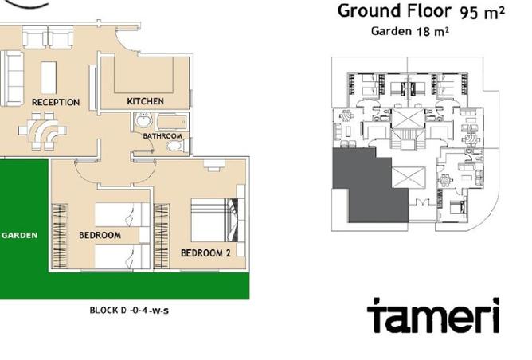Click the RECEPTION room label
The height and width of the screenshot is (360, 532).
[56, 102]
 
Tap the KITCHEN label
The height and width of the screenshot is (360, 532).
[145, 101]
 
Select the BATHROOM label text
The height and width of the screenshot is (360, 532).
[162, 136]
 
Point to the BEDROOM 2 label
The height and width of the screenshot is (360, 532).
[205, 253]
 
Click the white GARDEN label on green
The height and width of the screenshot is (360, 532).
[20, 235]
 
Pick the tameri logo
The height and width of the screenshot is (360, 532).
[433, 315]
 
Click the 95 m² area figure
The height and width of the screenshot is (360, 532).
[482, 13]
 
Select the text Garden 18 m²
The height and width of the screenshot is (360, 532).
[410, 31]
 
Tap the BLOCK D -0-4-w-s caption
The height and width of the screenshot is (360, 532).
[129, 310]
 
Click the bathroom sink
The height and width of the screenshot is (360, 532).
[143, 120]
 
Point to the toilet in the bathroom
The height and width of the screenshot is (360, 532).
[177, 146]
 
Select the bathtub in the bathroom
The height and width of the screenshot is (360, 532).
[171, 122]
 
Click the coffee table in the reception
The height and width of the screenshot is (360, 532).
[49, 77]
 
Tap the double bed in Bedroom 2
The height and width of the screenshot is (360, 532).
[214, 220]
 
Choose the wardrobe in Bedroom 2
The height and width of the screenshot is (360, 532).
[162, 237]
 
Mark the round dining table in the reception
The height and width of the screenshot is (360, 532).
[42, 131]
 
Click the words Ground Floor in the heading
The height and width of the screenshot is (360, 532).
[394, 10]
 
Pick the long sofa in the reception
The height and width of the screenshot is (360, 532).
[12, 78]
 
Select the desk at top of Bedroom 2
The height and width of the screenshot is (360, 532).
[214, 163]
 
